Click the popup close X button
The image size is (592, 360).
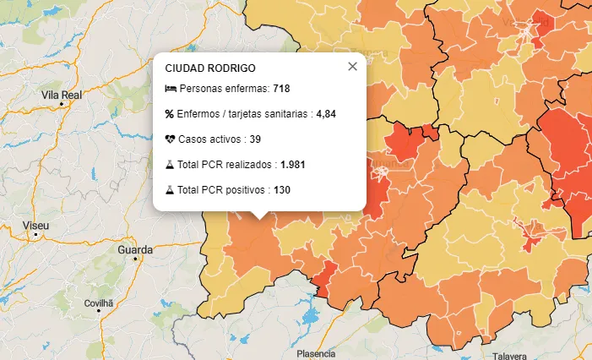pos(353,67)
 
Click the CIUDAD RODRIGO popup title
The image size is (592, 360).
pos(210,68)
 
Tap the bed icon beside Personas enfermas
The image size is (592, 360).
pos(170,89)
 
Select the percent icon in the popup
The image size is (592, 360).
pos(169,114)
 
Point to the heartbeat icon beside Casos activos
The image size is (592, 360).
pos(170,139)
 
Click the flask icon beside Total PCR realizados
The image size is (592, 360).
pos(170,165)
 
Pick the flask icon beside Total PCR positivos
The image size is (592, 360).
pos(170,190)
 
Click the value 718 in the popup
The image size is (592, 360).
pos(281,89)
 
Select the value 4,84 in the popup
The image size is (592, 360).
pos(326,114)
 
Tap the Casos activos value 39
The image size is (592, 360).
pos(255,139)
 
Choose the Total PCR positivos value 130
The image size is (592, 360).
pos(282,190)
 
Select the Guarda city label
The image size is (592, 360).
pos(136,250)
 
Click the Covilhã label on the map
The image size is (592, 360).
pos(99,302)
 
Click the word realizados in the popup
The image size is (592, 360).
pos(250,165)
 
